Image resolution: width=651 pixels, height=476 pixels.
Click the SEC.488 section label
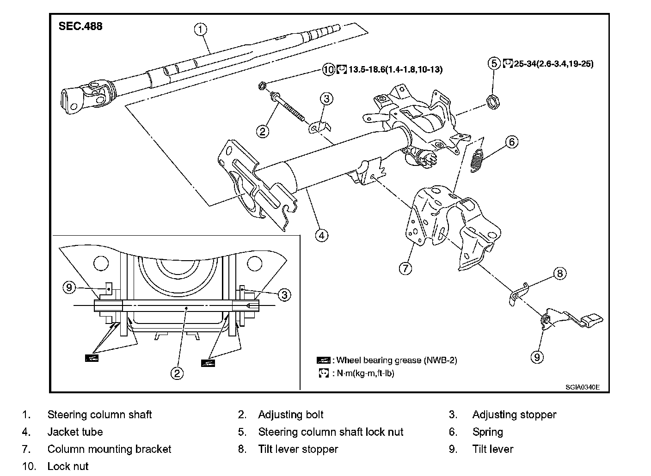80,26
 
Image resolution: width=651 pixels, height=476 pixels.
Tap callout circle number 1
201,29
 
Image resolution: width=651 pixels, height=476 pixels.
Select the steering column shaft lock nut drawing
493,102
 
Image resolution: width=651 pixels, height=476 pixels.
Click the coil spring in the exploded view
477,161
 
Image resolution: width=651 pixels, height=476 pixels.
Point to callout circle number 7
405,269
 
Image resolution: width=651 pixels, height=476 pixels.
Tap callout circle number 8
560,273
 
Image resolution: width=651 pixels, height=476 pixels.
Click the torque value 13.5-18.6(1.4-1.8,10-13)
395,69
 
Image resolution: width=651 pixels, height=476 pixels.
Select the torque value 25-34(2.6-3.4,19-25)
553,64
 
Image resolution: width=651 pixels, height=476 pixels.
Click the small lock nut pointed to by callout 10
262,86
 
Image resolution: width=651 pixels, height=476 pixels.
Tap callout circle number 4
322,236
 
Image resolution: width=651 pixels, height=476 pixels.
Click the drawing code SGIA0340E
583,387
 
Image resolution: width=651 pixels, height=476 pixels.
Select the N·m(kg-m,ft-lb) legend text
365,373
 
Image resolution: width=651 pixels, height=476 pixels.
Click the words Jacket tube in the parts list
75,432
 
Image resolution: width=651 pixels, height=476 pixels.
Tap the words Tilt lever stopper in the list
298,449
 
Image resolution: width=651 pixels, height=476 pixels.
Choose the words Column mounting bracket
109,449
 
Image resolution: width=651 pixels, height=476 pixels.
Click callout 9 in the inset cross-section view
69,287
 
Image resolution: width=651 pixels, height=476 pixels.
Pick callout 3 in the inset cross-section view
284,295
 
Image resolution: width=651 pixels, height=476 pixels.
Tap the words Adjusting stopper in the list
515,415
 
